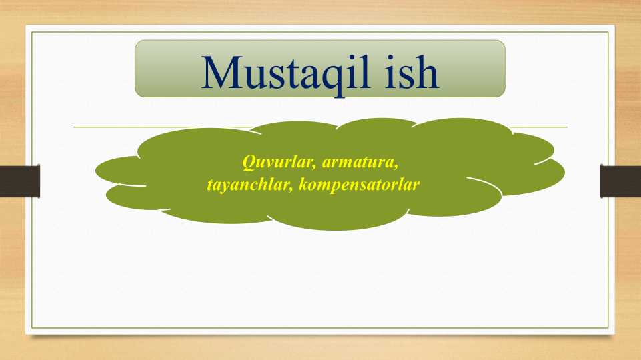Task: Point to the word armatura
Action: tap(362, 161)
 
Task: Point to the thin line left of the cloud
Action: tap(107, 126)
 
